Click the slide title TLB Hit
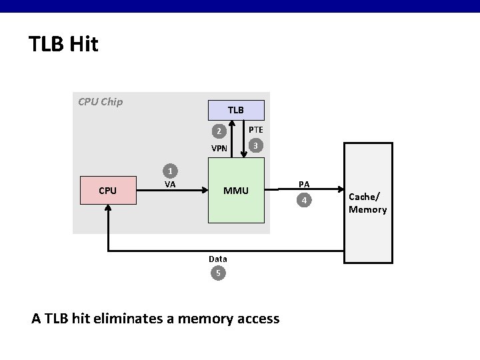pos(63,45)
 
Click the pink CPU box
pos(107,191)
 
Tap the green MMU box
pos(235,191)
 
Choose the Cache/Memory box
pos(367,203)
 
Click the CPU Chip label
pos(100,103)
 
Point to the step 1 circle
pos(171,170)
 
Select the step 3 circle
pos(254,145)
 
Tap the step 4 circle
pos(304,199)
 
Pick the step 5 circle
pos(217,273)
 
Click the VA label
pos(170,184)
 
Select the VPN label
pos(219,149)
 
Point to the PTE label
pos(255,129)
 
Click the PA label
pos(304,183)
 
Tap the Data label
pos(217,259)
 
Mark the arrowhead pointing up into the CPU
pos(107,209)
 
